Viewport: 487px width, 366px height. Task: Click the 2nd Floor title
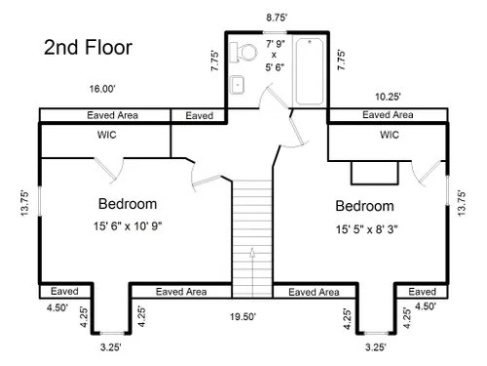tap(88, 47)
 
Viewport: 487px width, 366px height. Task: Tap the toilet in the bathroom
tap(243, 52)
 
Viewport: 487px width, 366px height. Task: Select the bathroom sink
tap(237, 85)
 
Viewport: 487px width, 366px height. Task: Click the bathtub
tap(310, 71)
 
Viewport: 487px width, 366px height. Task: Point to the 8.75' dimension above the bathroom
tap(277, 18)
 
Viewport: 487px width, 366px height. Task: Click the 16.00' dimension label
tap(102, 89)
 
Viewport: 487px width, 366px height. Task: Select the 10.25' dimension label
tap(388, 97)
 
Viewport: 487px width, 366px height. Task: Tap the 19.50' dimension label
tap(243, 316)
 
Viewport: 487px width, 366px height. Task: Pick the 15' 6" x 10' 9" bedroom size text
tap(128, 225)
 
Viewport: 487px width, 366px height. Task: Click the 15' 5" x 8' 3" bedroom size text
tap(366, 229)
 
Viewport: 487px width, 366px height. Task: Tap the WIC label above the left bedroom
tap(107, 135)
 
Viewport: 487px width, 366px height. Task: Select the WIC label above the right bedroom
tap(390, 135)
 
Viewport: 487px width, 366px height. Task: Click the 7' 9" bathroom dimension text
tap(276, 44)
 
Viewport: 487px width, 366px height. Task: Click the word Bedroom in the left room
tap(128, 204)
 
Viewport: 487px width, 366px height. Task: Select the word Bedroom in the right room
tap(364, 206)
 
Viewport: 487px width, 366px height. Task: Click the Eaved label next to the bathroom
tap(200, 115)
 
